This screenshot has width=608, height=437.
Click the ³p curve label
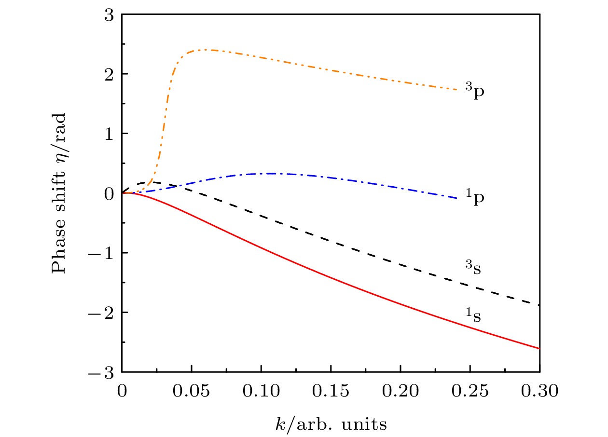point(474,91)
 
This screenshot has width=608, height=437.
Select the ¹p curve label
point(474,198)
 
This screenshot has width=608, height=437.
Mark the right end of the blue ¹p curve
point(456,198)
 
